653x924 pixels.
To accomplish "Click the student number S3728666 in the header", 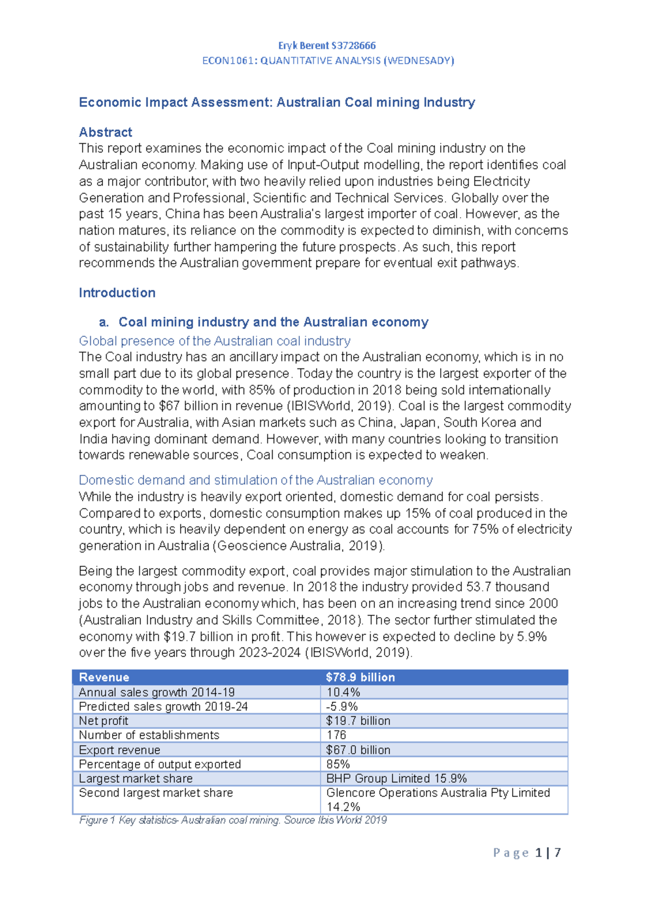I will pos(353,46).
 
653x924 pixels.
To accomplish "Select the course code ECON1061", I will pos(227,60).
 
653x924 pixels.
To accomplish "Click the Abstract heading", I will pos(106,132).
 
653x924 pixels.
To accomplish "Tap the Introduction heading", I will pos(117,293).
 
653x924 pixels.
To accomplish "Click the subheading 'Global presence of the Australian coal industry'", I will pos(214,341).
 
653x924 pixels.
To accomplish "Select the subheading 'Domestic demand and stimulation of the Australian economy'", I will pos(256,481).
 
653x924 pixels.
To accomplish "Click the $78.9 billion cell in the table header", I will pos(360,677).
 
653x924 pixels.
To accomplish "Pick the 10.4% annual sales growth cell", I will pos(343,692).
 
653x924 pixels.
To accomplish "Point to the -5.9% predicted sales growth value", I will pos(342,706).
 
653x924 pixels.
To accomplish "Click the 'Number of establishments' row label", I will pos(149,735).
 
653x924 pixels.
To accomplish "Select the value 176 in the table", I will pos(336,735).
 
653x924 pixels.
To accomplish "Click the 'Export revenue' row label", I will pos(120,750).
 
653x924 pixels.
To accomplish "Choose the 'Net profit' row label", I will pos(103,721).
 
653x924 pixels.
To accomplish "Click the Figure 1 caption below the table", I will pos(233,820).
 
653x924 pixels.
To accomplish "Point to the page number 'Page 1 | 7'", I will pos(527,853).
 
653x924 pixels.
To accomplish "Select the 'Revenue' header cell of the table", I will pos(104,677).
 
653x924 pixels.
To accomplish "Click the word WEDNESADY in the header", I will pos(419,60).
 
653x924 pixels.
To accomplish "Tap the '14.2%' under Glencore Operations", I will pos(343,807).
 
